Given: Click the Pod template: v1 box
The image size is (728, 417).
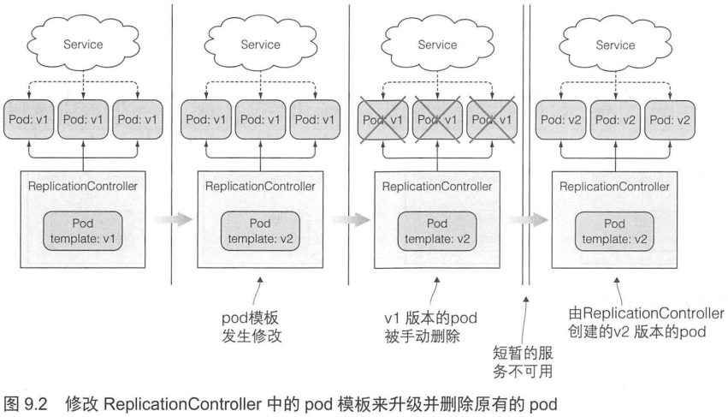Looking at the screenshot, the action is click(83, 231).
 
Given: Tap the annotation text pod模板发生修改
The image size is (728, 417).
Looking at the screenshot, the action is click(252, 327).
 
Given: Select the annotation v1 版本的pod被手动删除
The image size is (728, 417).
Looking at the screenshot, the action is click(431, 327).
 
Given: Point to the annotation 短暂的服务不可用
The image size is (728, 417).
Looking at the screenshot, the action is click(523, 362).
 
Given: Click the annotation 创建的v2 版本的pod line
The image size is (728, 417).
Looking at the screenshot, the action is click(637, 332).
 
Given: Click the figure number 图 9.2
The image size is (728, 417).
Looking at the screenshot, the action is click(26, 403).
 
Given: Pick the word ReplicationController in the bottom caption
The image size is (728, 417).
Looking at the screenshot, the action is click(182, 403).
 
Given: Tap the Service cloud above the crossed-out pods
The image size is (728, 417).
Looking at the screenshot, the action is click(437, 45).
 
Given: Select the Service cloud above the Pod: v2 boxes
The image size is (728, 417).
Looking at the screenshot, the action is click(615, 45).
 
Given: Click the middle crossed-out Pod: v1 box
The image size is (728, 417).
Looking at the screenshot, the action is click(437, 120).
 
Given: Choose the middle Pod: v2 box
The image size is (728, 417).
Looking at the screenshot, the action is click(615, 120).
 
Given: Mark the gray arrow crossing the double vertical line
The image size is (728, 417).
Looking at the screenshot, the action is click(528, 219).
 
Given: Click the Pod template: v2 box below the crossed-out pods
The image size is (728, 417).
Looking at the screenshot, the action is click(437, 231).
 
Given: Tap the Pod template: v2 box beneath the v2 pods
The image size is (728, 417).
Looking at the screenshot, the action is click(615, 231).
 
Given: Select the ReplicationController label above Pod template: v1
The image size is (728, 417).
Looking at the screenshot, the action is click(83, 187).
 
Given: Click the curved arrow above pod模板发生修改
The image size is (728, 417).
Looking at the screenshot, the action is click(257, 291).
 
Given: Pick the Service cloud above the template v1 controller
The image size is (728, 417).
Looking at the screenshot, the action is click(83, 45).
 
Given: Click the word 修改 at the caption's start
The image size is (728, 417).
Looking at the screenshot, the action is click(82, 403).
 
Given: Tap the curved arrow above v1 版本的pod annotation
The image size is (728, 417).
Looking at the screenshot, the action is click(434, 291).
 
